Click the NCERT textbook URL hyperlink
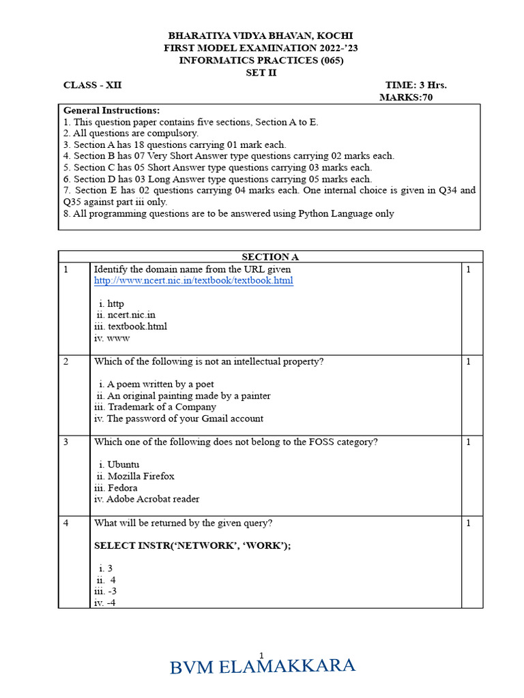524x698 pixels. tap(193, 281)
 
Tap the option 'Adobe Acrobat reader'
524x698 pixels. tap(147, 499)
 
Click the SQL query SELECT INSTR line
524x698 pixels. tap(192, 546)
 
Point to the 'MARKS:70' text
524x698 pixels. tap(405, 97)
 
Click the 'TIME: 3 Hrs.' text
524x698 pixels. tap(416, 85)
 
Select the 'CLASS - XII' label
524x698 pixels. tap(92, 85)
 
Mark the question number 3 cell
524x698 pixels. tap(67, 442)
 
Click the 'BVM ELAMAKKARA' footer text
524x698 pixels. tap(263, 667)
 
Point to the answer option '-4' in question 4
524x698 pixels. tap(105, 603)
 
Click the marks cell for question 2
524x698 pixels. tap(469, 361)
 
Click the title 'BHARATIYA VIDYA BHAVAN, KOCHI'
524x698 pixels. tap(261, 35)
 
